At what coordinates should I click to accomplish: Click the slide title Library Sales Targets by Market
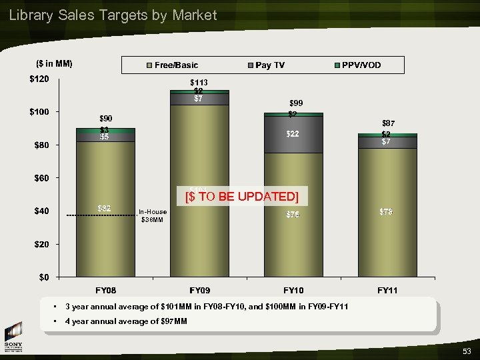[113, 15]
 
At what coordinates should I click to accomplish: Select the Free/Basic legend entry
[175, 65]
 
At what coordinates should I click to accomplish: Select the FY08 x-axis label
[105, 291]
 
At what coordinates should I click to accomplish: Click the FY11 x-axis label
[387, 291]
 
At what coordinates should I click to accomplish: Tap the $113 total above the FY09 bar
[199, 83]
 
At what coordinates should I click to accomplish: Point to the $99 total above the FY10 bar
[295, 103]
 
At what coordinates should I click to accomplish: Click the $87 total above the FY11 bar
[388, 123]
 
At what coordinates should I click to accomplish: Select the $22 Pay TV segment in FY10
[293, 134]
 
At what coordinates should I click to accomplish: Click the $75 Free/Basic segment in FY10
[293, 215]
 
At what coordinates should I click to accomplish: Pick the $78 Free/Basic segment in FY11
[386, 211]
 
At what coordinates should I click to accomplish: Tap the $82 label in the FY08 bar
[105, 209]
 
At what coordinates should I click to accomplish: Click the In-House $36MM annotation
[153, 215]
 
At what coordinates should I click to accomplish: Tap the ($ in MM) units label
[54, 64]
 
